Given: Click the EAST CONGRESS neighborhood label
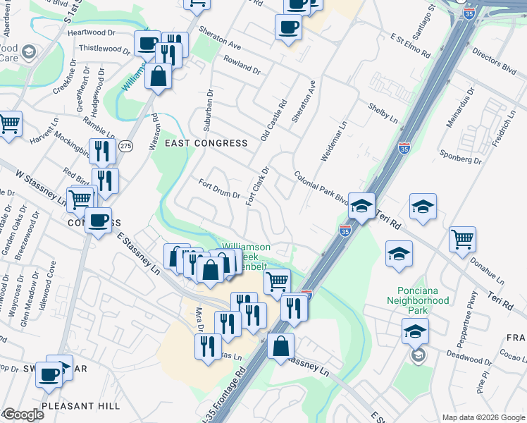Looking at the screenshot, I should point(206,143).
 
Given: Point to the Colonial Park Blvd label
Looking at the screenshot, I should point(322,188).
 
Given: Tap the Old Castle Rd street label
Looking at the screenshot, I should point(273,120).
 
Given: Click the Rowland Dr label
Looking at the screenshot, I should point(242,66).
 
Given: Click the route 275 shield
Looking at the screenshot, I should point(125,146).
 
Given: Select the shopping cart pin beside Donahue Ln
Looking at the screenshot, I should point(462,240).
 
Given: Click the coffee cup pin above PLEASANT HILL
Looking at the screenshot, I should point(49,374).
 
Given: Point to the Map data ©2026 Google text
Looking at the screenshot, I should point(484,417).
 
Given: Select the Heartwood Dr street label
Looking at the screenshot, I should point(92,32).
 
